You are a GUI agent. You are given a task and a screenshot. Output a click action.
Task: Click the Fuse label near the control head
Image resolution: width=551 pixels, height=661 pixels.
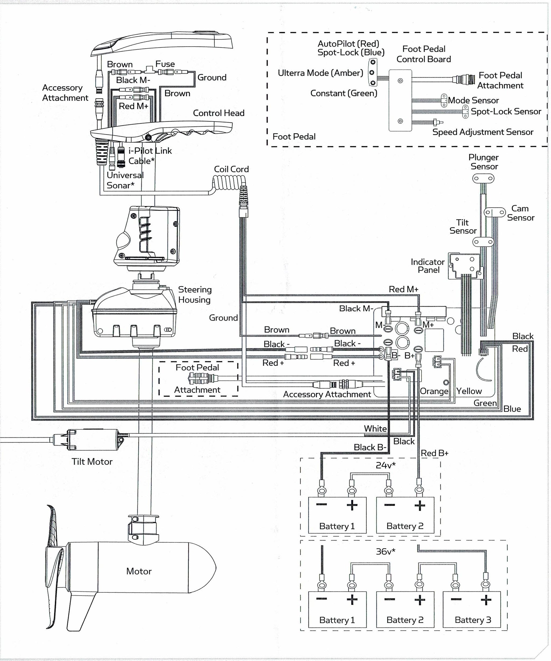[165, 64]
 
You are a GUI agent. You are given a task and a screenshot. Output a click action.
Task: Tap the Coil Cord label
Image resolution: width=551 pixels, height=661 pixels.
[231, 169]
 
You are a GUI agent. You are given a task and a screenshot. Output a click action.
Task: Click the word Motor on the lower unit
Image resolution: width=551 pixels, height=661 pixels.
[139, 571]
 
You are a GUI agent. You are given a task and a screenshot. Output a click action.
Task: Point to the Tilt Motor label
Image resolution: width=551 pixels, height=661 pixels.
[92, 461]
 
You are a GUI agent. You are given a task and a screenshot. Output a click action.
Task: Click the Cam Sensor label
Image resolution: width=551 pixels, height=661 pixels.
[520, 213]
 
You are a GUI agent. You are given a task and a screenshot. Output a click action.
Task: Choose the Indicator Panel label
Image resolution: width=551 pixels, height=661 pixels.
[428, 266]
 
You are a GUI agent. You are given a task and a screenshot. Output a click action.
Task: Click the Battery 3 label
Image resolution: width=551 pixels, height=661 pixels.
[473, 620]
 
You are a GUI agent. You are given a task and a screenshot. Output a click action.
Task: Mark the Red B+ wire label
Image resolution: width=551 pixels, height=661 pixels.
[435, 453]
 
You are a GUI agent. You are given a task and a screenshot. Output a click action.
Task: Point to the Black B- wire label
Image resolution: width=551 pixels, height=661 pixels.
[370, 447]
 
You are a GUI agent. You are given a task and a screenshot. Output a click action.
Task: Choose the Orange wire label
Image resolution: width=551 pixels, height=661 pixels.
[434, 391]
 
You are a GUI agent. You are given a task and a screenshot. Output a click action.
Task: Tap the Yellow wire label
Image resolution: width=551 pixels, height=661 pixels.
[469, 391]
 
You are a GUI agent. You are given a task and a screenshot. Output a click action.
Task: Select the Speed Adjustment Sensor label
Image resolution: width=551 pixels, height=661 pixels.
[483, 132]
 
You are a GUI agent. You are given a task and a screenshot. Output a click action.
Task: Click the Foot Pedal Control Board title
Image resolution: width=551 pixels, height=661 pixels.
[424, 54]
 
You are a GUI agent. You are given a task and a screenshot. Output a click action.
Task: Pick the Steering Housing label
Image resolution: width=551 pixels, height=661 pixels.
[195, 295]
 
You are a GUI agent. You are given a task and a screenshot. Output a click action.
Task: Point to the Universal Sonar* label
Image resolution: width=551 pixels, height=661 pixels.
[125, 180]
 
